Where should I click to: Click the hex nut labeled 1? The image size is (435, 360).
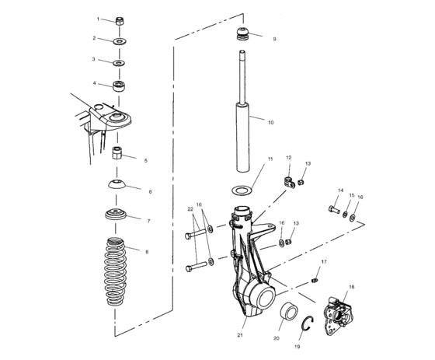tap(120, 20)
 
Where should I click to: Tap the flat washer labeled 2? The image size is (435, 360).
tap(120, 40)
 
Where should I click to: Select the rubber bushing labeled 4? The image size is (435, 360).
tap(120, 84)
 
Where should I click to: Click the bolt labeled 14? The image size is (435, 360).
tap(334, 211)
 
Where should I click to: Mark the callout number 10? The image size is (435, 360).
tap(271, 122)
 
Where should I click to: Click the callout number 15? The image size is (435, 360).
tap(350, 195)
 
